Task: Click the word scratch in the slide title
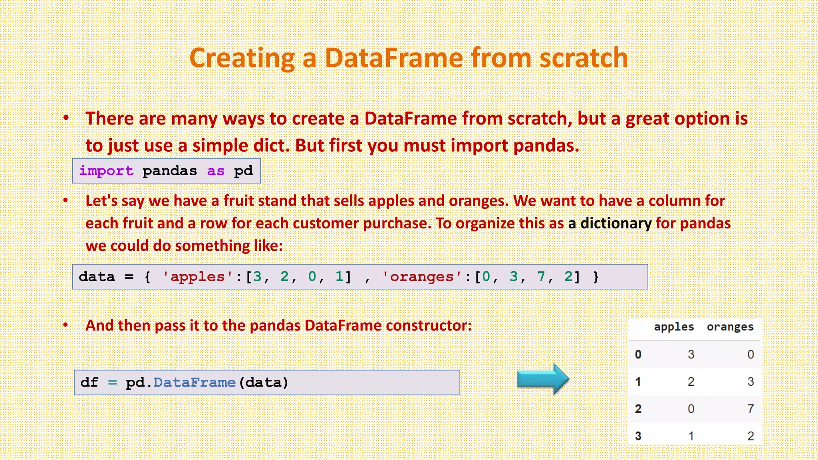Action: [584, 58]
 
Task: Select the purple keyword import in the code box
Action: [106, 171]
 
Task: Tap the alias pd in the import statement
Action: [243, 171]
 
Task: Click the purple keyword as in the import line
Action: [216, 171]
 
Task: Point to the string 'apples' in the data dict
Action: [197, 277]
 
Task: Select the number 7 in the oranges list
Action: [541, 276]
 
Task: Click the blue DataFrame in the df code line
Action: [195, 383]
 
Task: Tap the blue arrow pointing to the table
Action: [543, 379]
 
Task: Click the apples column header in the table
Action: [674, 327]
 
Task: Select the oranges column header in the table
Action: [730, 327]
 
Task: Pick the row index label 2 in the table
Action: [638, 409]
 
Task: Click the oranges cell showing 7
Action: [750, 409]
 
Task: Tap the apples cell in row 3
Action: [691, 436]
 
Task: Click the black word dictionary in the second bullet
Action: [615, 223]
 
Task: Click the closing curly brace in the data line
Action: [596, 277]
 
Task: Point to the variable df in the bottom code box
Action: [89, 383]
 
